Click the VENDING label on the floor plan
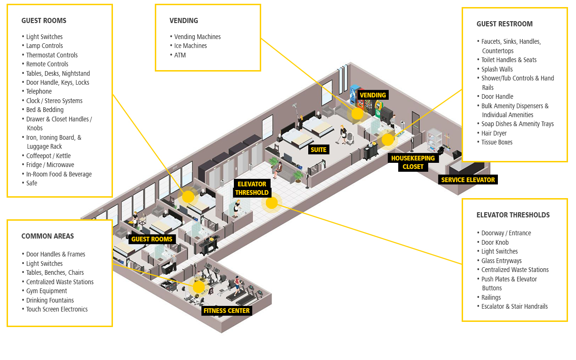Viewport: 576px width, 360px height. point(373,95)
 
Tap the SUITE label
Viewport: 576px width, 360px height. point(319,150)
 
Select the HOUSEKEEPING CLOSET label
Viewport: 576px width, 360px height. point(413,162)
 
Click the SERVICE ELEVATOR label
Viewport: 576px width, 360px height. point(468,180)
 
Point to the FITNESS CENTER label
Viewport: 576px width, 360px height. point(226,311)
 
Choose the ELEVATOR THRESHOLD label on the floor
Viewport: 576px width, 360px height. point(252,188)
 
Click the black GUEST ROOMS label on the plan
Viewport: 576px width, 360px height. point(152,239)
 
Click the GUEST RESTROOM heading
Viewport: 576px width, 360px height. point(504,24)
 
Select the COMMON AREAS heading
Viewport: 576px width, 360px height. point(48,236)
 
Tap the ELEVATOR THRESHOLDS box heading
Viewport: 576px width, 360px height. point(513,215)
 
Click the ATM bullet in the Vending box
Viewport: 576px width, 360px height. point(180,55)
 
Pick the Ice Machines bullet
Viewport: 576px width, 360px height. point(190,46)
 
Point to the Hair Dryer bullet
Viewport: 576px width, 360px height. point(494,133)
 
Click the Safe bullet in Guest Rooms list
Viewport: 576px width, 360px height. point(32,183)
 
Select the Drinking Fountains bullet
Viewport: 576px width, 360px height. point(50,300)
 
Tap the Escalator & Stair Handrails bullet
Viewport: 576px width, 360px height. point(514,306)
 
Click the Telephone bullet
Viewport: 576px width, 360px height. point(39,91)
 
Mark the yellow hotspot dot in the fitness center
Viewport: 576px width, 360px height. point(199,287)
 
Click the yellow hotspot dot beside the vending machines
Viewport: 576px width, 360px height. point(358,113)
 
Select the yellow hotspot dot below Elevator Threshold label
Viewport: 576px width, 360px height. point(272,203)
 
